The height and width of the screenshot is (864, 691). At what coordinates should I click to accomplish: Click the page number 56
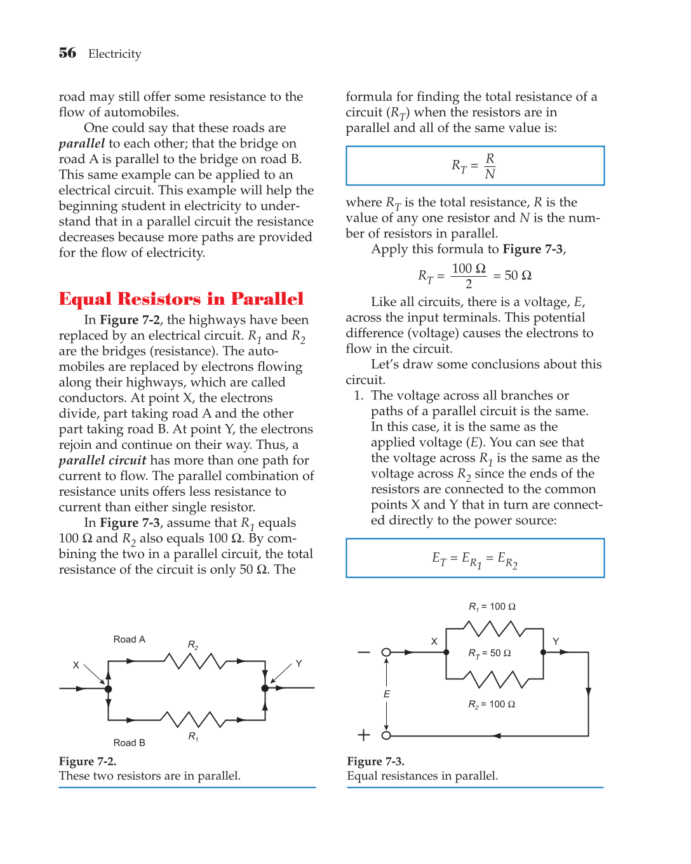[x=67, y=53]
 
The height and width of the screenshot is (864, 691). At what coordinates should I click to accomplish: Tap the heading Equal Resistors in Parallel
[x=181, y=299]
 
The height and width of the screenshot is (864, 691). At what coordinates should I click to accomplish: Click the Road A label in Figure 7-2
[x=129, y=639]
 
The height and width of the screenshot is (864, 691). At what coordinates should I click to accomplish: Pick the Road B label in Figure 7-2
[x=129, y=743]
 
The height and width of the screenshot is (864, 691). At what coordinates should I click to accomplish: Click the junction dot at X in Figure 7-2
[x=109, y=689]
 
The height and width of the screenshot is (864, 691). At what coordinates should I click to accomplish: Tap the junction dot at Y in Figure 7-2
[x=265, y=688]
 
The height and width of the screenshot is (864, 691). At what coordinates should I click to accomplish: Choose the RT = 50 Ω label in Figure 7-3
[x=489, y=653]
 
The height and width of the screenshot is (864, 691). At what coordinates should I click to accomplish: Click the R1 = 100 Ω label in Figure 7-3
[x=492, y=607]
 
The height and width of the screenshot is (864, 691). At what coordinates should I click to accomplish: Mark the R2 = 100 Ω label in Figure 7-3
[x=492, y=705]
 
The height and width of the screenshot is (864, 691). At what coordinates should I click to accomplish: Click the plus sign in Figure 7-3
[x=363, y=735]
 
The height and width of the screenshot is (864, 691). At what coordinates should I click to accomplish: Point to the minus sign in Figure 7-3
[x=363, y=653]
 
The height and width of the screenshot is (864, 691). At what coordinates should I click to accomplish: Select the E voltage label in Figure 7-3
[x=387, y=695]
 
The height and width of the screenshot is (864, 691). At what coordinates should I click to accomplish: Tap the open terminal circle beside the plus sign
[x=386, y=735]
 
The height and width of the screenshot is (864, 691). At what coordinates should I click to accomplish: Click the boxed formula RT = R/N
[x=474, y=166]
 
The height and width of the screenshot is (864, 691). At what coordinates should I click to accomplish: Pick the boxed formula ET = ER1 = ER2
[x=474, y=559]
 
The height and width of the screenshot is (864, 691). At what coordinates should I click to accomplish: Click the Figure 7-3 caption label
[x=375, y=761]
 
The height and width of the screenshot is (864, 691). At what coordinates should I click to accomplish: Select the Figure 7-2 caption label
[x=88, y=761]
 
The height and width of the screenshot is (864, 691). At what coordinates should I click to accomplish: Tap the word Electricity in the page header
[x=115, y=54]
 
